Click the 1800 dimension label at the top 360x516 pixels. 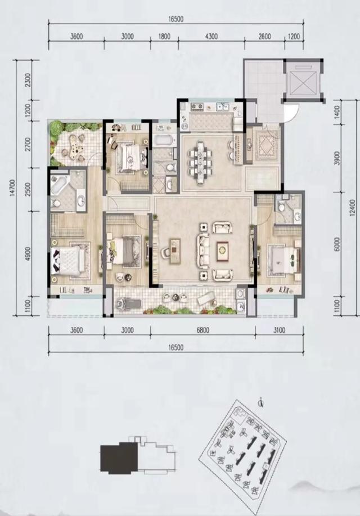pyautogui.click(x=165, y=37)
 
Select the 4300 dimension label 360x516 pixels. pyautogui.click(x=211, y=37)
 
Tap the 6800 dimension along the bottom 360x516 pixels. pyautogui.click(x=202, y=330)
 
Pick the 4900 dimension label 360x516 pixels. pyautogui.click(x=28, y=254)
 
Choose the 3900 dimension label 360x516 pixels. pyautogui.click(x=336, y=159)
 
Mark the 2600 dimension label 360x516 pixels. pyautogui.click(x=264, y=37)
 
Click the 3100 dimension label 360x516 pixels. pyautogui.click(x=279, y=330)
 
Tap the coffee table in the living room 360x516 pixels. pyautogui.click(x=222, y=249)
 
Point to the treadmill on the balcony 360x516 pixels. pyautogui.click(x=129, y=303)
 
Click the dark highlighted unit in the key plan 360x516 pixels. pyautogui.click(x=119, y=458)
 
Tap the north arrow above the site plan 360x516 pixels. pyautogui.click(x=261, y=402)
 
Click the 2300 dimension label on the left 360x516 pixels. pyautogui.click(x=28, y=80)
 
